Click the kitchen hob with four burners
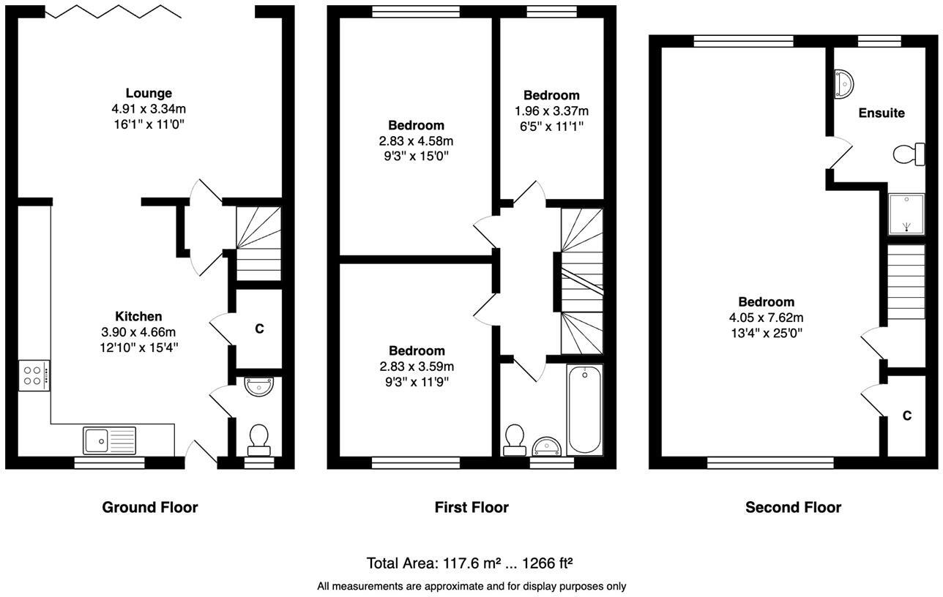click(x=34, y=375)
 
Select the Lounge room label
click(x=149, y=93)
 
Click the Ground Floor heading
click(x=149, y=507)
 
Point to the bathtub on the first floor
click(x=584, y=410)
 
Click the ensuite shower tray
click(x=906, y=214)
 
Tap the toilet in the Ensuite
click(x=909, y=154)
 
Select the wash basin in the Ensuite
click(x=843, y=84)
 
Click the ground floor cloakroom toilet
click(x=258, y=439)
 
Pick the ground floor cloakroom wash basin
click(x=258, y=386)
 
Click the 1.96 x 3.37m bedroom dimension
click(x=551, y=111)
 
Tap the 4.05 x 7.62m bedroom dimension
click(x=766, y=318)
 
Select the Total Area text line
click(x=469, y=563)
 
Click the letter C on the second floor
click(x=906, y=416)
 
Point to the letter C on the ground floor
click(x=259, y=329)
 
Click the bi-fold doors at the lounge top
click(x=113, y=11)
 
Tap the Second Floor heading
click(x=793, y=507)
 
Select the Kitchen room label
click(x=138, y=316)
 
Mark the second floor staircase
click(x=906, y=282)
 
